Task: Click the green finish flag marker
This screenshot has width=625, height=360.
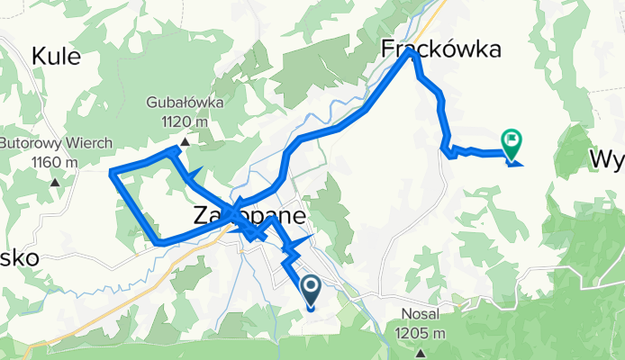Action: click(512, 141)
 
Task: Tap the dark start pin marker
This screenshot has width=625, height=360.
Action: click(310, 290)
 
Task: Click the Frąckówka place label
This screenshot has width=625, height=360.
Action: click(441, 50)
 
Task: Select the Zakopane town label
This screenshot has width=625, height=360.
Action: click(250, 217)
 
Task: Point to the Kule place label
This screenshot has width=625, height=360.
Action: click(56, 58)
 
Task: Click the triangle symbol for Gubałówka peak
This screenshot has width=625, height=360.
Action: click(184, 141)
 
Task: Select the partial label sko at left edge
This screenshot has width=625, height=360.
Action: click(18, 257)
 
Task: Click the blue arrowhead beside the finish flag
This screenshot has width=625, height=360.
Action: click(515, 162)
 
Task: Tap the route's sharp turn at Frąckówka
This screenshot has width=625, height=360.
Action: click(412, 52)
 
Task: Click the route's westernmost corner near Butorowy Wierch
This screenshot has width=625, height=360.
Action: click(111, 171)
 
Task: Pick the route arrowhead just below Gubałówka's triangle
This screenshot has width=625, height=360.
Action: click(194, 172)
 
